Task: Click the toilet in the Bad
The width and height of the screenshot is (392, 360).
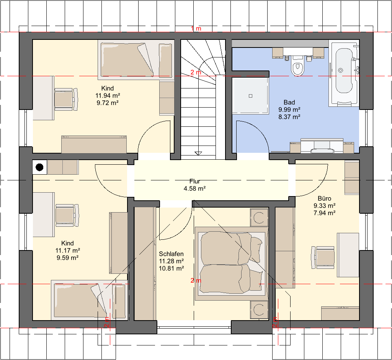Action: [297, 65]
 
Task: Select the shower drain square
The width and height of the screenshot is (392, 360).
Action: [250, 96]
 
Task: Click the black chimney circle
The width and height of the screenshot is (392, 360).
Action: [39, 167]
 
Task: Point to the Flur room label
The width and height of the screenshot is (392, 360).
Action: [195, 181]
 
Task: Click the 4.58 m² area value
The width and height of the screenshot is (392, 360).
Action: [194, 188]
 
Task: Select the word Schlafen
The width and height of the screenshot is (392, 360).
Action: [171, 254]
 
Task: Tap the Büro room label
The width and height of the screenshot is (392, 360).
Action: [325, 198]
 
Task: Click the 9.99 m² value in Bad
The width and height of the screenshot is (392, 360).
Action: [289, 110]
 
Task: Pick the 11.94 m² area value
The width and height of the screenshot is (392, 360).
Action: [108, 95]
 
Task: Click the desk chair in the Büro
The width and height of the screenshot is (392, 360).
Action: [323, 257]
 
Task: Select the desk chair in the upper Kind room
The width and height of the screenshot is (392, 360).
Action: [66, 99]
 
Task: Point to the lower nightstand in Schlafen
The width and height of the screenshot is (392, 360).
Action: [259, 309]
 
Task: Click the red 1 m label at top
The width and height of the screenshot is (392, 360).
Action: [196, 28]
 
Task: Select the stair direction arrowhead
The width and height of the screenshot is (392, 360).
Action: [198, 153]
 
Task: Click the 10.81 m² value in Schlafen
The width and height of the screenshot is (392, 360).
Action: [171, 268]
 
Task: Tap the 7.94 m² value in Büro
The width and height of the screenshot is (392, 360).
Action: [325, 213]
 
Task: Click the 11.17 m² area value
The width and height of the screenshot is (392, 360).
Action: [67, 250]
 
